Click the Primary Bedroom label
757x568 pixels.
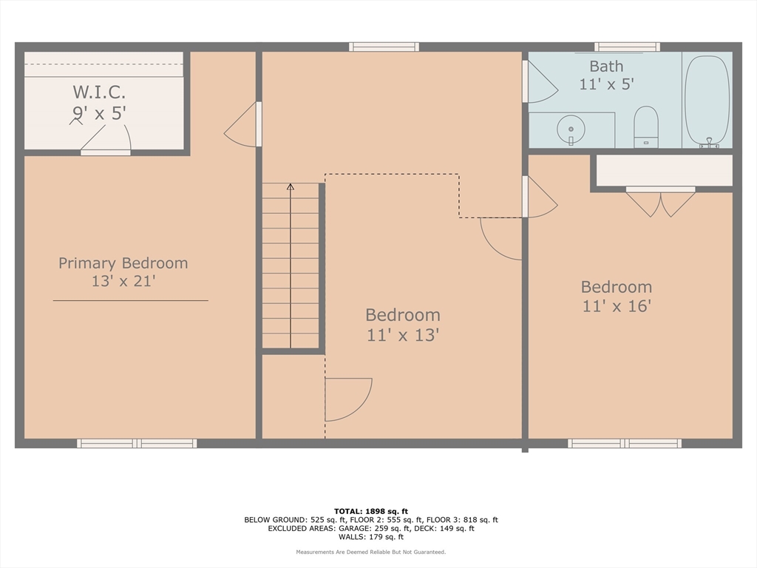tap(123, 263)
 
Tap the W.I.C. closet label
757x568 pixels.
tap(99, 91)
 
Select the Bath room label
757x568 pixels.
tap(606, 66)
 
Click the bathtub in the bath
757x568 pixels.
tap(707, 101)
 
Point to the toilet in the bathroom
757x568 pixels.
tap(646, 126)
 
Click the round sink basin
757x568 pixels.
tap(571, 129)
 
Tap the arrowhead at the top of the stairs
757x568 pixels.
tap(290, 186)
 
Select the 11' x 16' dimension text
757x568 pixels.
tap(617, 306)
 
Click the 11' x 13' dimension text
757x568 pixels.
tap(403, 335)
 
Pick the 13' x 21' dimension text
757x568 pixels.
tap(123, 281)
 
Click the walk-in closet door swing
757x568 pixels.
tap(106, 138)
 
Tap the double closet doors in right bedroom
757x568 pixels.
tap(660, 202)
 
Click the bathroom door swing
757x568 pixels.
tap(541, 82)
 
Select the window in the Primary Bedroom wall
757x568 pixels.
tap(137, 444)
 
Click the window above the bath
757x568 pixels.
tap(627, 47)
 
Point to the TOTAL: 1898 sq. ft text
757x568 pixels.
tap(371, 511)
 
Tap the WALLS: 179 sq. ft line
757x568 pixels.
tap(371, 537)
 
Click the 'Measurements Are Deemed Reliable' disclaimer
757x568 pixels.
tap(371, 552)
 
